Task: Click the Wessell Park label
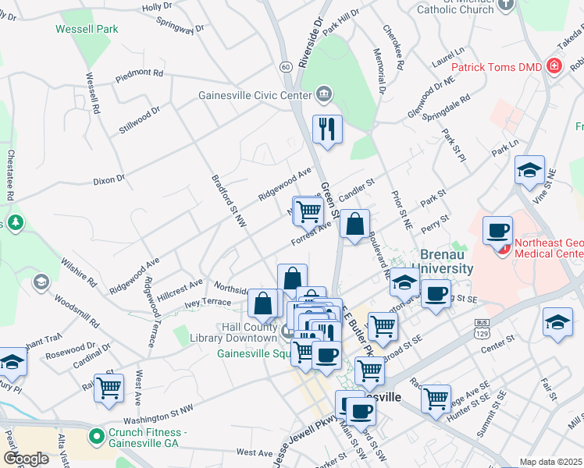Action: [87, 30]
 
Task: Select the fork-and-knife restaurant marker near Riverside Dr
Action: [327, 129]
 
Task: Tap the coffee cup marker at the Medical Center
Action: [497, 232]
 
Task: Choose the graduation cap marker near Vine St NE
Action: [529, 171]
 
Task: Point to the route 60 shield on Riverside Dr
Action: [287, 67]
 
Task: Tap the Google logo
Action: [27, 459]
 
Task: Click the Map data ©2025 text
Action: [551, 462]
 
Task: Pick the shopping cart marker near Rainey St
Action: [109, 386]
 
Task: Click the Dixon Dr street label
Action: [109, 179]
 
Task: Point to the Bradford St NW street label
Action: [230, 201]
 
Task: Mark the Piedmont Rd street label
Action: [139, 74]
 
